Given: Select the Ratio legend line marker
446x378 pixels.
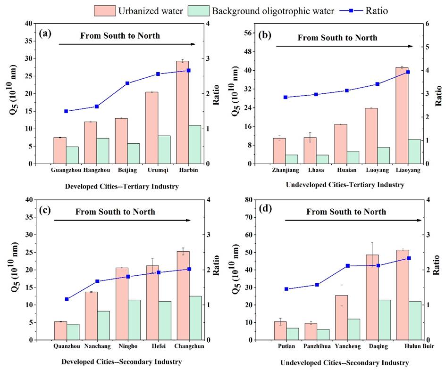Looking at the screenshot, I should point(351,10).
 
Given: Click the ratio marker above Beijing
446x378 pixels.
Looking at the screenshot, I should point(127,83).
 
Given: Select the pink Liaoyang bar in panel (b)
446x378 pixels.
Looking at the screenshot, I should point(402,115).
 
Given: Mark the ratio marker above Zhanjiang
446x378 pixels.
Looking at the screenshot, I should point(286,97).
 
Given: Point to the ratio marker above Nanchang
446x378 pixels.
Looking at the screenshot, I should point(97,281).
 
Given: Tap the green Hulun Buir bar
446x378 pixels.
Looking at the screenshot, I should point(416,320).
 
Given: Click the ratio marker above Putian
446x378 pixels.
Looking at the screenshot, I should point(286,289).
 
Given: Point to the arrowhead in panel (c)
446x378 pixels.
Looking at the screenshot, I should point(188,220).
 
